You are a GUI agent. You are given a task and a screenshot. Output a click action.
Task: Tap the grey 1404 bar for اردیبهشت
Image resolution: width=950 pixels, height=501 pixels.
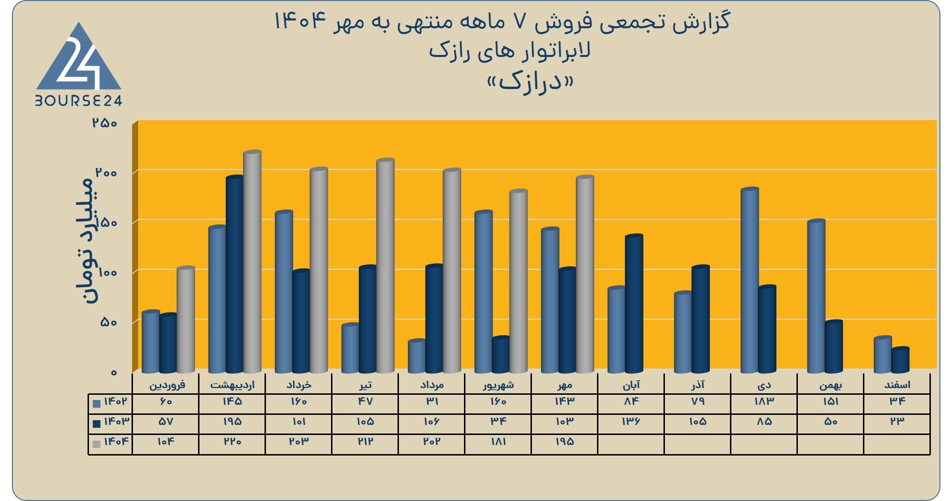[x=252, y=262]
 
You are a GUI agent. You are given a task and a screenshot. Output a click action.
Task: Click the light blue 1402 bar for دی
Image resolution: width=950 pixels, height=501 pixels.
[x=750, y=280]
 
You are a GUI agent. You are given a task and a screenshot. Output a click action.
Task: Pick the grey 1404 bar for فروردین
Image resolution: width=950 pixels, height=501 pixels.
[x=186, y=319]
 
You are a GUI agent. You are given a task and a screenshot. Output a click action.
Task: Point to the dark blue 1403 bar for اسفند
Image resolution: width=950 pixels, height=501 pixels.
[x=900, y=360]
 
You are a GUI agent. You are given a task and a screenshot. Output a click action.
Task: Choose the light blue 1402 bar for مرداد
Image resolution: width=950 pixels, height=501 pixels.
[x=417, y=356]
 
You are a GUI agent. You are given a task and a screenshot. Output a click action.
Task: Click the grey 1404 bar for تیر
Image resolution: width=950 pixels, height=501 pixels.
[x=385, y=266]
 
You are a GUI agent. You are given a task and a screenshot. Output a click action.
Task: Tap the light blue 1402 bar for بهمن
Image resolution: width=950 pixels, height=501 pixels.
[x=816, y=296]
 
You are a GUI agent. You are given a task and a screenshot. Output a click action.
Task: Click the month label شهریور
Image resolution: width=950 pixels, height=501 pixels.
[x=498, y=385]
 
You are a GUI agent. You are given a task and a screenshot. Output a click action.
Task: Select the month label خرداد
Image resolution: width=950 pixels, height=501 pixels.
[x=298, y=385]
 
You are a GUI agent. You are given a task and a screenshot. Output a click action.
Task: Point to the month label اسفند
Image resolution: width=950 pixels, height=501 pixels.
[x=897, y=385]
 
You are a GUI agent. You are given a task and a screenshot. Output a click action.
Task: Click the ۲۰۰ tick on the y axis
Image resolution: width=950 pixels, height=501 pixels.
[x=106, y=172]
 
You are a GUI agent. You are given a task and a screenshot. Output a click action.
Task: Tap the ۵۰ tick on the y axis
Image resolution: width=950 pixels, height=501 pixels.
[x=109, y=322]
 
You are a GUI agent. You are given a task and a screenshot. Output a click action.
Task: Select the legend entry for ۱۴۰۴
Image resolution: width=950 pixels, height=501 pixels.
[x=110, y=442]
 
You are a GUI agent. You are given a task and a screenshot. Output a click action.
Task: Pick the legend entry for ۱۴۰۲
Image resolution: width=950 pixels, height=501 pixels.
[x=110, y=401]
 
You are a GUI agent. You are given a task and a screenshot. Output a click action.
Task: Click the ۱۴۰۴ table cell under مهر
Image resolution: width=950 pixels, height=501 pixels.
[x=564, y=442]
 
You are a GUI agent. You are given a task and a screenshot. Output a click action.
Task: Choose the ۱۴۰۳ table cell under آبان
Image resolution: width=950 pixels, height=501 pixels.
[x=631, y=422]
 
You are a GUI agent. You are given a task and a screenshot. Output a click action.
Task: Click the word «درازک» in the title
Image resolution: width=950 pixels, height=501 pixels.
[x=530, y=82]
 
